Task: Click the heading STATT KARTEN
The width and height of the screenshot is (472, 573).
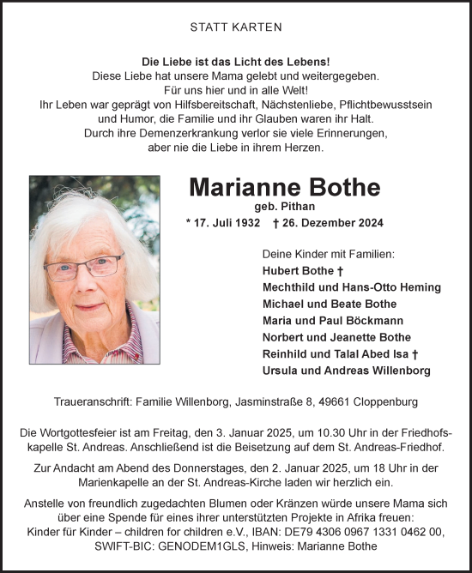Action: coord(235,27)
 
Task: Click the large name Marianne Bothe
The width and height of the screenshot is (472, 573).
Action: coord(284,187)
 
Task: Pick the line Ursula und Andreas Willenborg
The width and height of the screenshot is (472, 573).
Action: coord(345,371)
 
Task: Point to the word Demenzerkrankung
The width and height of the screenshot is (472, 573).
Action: coord(221,134)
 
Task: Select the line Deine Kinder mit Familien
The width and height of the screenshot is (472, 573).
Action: coord(328,254)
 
